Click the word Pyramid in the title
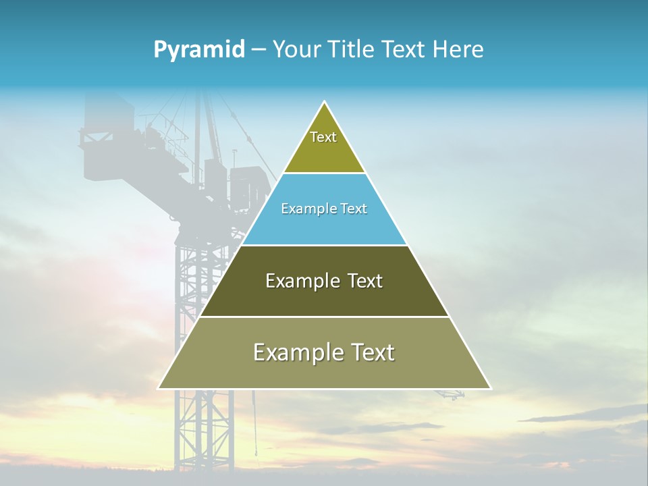click(x=199, y=50)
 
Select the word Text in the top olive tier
click(x=323, y=137)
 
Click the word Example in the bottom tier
click(x=296, y=352)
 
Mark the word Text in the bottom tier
click(x=372, y=352)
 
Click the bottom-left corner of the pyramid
click(x=159, y=388)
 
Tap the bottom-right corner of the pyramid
click(x=490, y=388)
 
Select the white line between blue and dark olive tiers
click(x=324, y=245)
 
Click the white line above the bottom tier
click(x=324, y=317)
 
